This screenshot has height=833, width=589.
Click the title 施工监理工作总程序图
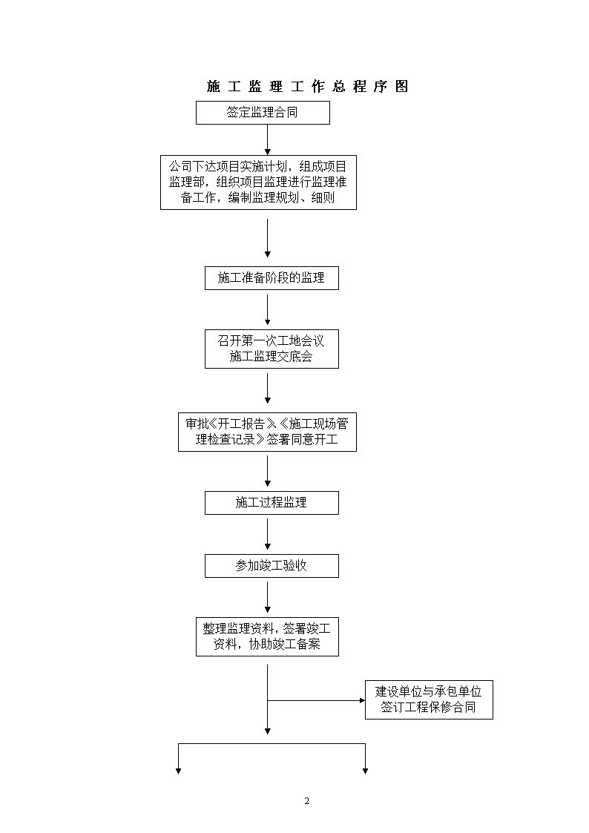[x=308, y=86]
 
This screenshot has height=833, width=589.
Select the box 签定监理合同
[x=263, y=113]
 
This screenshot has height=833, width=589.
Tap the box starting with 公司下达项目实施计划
[x=258, y=182]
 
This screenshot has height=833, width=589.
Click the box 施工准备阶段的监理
[x=272, y=278]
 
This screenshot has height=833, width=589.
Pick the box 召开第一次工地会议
[x=272, y=349]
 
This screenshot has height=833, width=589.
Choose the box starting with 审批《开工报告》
[x=267, y=432]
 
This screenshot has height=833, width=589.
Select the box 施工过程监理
[x=272, y=503]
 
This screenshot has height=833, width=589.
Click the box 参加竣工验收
[x=272, y=566]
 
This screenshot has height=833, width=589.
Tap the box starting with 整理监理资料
[x=267, y=636]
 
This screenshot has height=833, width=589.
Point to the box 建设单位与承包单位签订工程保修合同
[x=429, y=699]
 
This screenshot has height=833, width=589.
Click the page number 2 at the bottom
[x=306, y=801]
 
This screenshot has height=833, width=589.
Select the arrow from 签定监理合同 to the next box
[x=267, y=139]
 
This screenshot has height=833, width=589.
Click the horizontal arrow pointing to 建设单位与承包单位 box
[x=316, y=701]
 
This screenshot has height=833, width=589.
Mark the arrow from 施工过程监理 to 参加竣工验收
[x=267, y=534]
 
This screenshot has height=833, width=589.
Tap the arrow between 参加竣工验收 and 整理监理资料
[x=267, y=597]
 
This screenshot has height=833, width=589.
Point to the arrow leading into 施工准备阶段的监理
[x=267, y=238]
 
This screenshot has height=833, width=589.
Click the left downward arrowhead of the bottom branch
[x=179, y=771]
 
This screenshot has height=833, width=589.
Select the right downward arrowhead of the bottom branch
[x=366, y=771]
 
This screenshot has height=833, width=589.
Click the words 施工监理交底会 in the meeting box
[x=271, y=357]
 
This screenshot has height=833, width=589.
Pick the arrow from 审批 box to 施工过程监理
[x=267, y=471]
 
